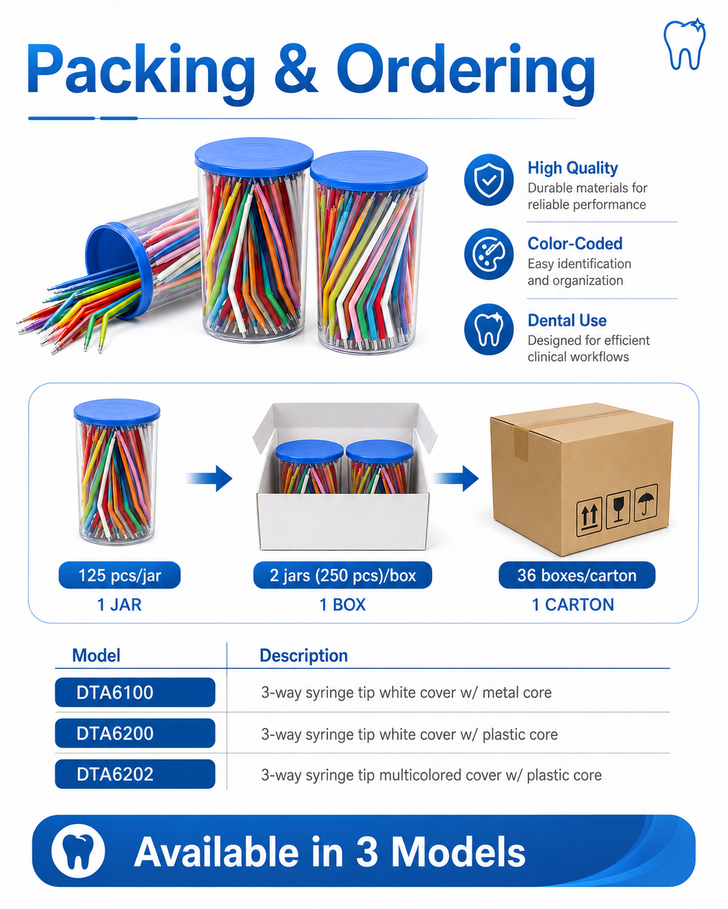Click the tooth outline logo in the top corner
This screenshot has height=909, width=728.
point(684,44)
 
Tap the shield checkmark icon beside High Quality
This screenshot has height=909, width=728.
point(489,180)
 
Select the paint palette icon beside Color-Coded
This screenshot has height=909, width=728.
point(489,254)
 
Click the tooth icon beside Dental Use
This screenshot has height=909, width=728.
point(489,329)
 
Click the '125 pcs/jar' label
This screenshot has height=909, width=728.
point(119,575)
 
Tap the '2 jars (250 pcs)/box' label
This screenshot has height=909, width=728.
point(343,575)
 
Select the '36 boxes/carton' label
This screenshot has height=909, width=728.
point(577,575)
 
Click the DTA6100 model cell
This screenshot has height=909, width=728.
point(135,692)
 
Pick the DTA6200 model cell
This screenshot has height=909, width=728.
point(135,733)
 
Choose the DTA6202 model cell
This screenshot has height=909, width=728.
point(135,774)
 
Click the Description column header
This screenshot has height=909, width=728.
point(304,655)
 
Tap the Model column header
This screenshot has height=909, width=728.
point(96,655)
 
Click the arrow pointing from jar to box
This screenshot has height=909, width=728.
point(210,478)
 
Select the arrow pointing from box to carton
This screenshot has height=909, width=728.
point(455,478)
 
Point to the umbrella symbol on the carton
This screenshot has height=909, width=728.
point(646,502)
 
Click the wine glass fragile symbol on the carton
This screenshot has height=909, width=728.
point(618,509)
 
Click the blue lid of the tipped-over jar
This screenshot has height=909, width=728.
point(118,270)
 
